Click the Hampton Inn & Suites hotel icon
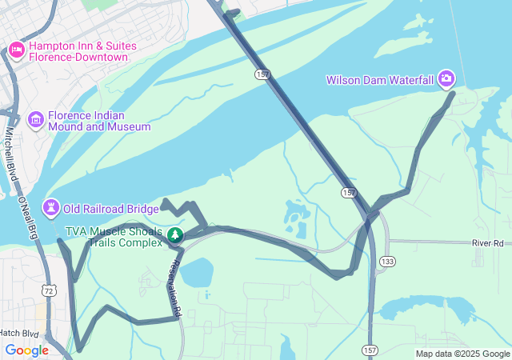16,51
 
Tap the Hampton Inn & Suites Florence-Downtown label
78,51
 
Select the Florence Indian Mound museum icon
35,120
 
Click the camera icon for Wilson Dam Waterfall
446,79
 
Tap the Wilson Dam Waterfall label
380,80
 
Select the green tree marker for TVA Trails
174,235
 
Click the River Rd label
487,242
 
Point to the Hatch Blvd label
19,332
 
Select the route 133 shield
388,262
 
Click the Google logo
26,350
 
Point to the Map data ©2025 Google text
462,354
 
